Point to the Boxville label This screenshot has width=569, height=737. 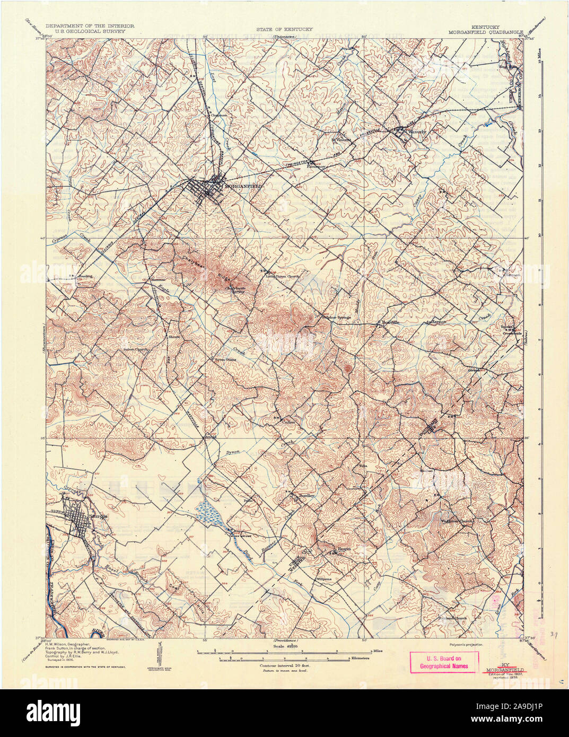(390, 322)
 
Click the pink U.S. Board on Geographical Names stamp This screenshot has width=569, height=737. (444, 662)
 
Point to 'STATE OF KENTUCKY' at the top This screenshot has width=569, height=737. (284, 29)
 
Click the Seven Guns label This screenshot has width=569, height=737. (225, 359)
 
